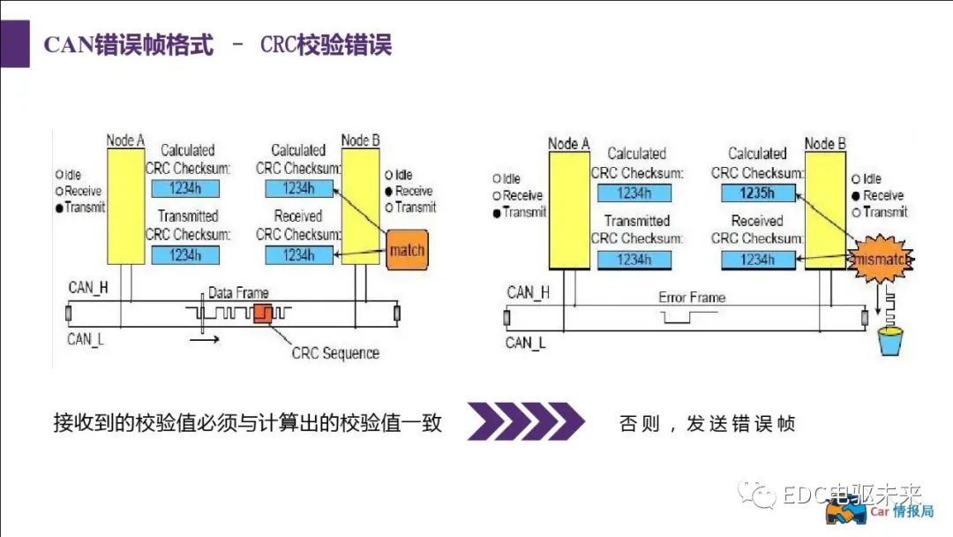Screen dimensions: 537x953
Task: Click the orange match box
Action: coord(407,249)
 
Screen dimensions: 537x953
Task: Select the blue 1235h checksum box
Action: coord(757,193)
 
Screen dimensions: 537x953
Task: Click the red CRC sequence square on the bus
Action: coord(263,313)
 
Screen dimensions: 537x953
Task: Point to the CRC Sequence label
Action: coord(335,353)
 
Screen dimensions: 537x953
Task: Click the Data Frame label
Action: coord(238,292)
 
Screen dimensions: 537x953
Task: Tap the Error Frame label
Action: coord(692,298)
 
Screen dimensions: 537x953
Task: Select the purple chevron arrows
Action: coord(525,421)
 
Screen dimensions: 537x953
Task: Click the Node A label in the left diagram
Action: coord(125,140)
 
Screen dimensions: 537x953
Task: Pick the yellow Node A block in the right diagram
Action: coord(568,208)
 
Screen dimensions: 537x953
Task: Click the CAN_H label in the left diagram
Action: coord(87,288)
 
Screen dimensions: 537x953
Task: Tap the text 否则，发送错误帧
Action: coord(707,424)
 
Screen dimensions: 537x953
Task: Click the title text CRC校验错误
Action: coord(326,45)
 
